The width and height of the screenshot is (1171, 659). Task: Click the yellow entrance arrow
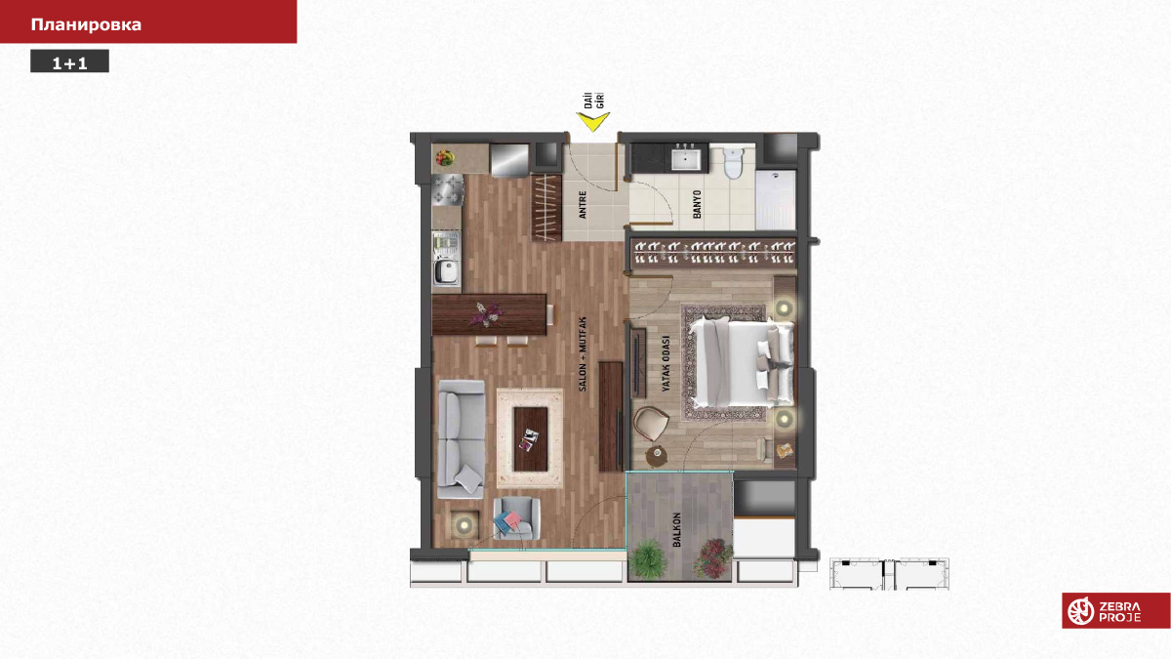pos(592,122)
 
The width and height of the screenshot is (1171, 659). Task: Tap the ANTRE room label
pos(583,204)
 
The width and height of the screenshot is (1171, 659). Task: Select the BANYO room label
pos(697,204)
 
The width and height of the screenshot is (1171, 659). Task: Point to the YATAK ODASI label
pos(666,363)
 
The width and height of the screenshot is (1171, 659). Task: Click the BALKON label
pos(677,530)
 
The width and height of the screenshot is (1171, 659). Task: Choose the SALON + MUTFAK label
pos(583,354)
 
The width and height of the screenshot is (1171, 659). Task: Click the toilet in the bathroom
pos(733,163)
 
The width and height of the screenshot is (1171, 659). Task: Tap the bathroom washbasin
pos(686,159)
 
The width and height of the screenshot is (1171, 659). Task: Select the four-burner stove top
pos(448,189)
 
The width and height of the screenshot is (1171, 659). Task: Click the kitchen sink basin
pos(446,271)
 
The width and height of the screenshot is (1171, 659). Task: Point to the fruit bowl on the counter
pos(444,157)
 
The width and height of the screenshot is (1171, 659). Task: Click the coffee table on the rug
pos(531,438)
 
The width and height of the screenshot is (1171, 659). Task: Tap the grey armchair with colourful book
pos(516,518)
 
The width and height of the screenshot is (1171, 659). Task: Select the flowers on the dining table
pos(487,313)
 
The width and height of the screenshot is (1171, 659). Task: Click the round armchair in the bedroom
pos(651,423)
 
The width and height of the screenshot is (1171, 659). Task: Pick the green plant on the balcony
pos(648,559)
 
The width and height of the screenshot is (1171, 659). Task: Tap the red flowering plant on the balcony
pos(713,558)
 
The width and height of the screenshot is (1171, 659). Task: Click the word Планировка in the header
pos(86,24)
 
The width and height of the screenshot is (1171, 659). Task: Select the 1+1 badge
pos(69,62)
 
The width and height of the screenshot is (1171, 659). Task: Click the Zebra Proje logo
pos(1115,610)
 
